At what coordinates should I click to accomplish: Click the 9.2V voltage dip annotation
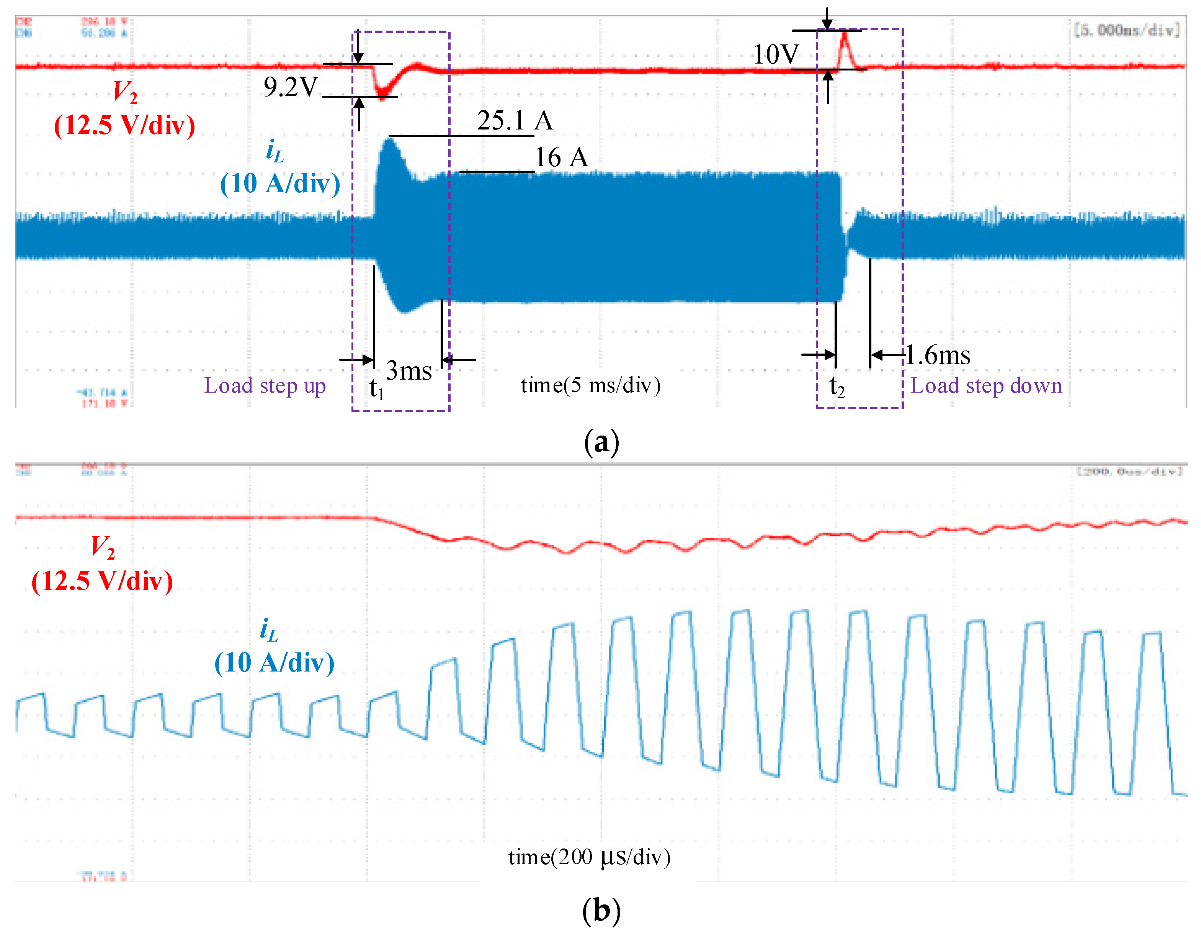[x=290, y=87]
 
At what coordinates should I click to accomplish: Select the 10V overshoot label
[x=775, y=54]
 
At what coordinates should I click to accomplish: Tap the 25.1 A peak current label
[x=514, y=121]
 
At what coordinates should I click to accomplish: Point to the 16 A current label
[x=561, y=158]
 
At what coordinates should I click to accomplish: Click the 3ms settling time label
[x=409, y=371]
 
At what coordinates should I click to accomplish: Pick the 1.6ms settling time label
[x=938, y=355]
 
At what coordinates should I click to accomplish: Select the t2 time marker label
[x=837, y=387]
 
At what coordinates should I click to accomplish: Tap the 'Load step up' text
[x=265, y=386]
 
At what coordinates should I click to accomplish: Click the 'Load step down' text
[x=986, y=386]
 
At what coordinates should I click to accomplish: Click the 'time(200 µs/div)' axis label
[x=589, y=857]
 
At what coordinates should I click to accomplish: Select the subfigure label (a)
[x=601, y=442]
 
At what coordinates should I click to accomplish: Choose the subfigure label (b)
[x=601, y=911]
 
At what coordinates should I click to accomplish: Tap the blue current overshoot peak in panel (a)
[x=390, y=141]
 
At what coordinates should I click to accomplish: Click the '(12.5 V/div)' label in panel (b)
[x=102, y=581]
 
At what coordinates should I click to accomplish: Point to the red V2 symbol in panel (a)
[x=125, y=91]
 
